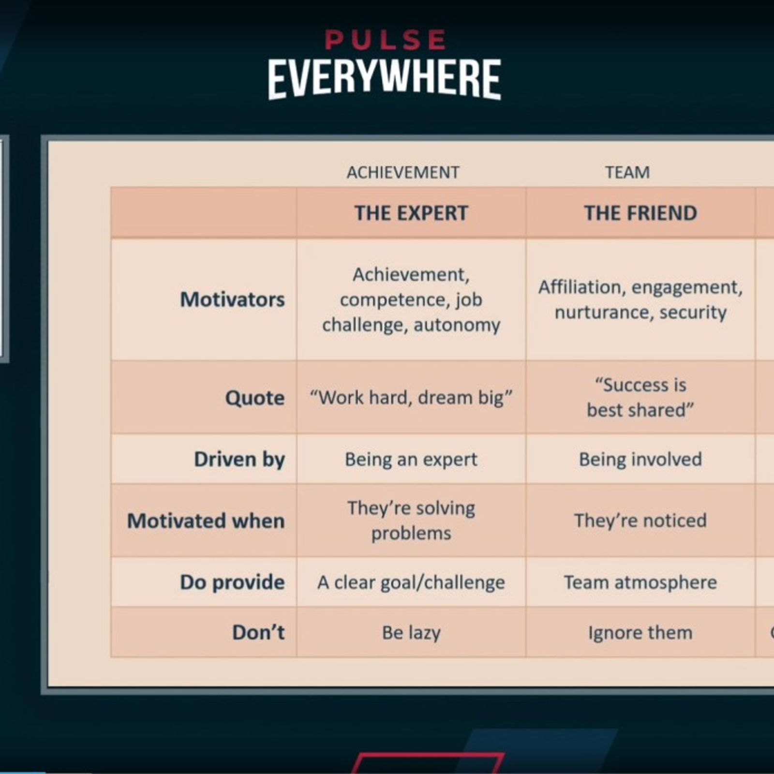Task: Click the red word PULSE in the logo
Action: [385, 40]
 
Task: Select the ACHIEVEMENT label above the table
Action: [403, 173]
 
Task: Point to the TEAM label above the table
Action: [627, 173]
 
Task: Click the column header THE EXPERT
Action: [411, 213]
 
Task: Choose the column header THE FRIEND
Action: [640, 213]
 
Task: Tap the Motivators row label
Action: [232, 299]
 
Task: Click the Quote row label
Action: [255, 398]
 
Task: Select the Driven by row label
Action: [239, 459]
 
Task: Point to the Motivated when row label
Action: [206, 521]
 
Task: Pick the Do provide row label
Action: [232, 582]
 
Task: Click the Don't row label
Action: [258, 632]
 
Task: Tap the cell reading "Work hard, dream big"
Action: [411, 398]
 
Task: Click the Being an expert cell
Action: [411, 459]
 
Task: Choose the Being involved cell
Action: [640, 459]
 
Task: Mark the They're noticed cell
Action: [640, 521]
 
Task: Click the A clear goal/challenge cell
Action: [411, 582]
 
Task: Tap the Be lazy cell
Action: [411, 633]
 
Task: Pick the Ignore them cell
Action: [640, 633]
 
